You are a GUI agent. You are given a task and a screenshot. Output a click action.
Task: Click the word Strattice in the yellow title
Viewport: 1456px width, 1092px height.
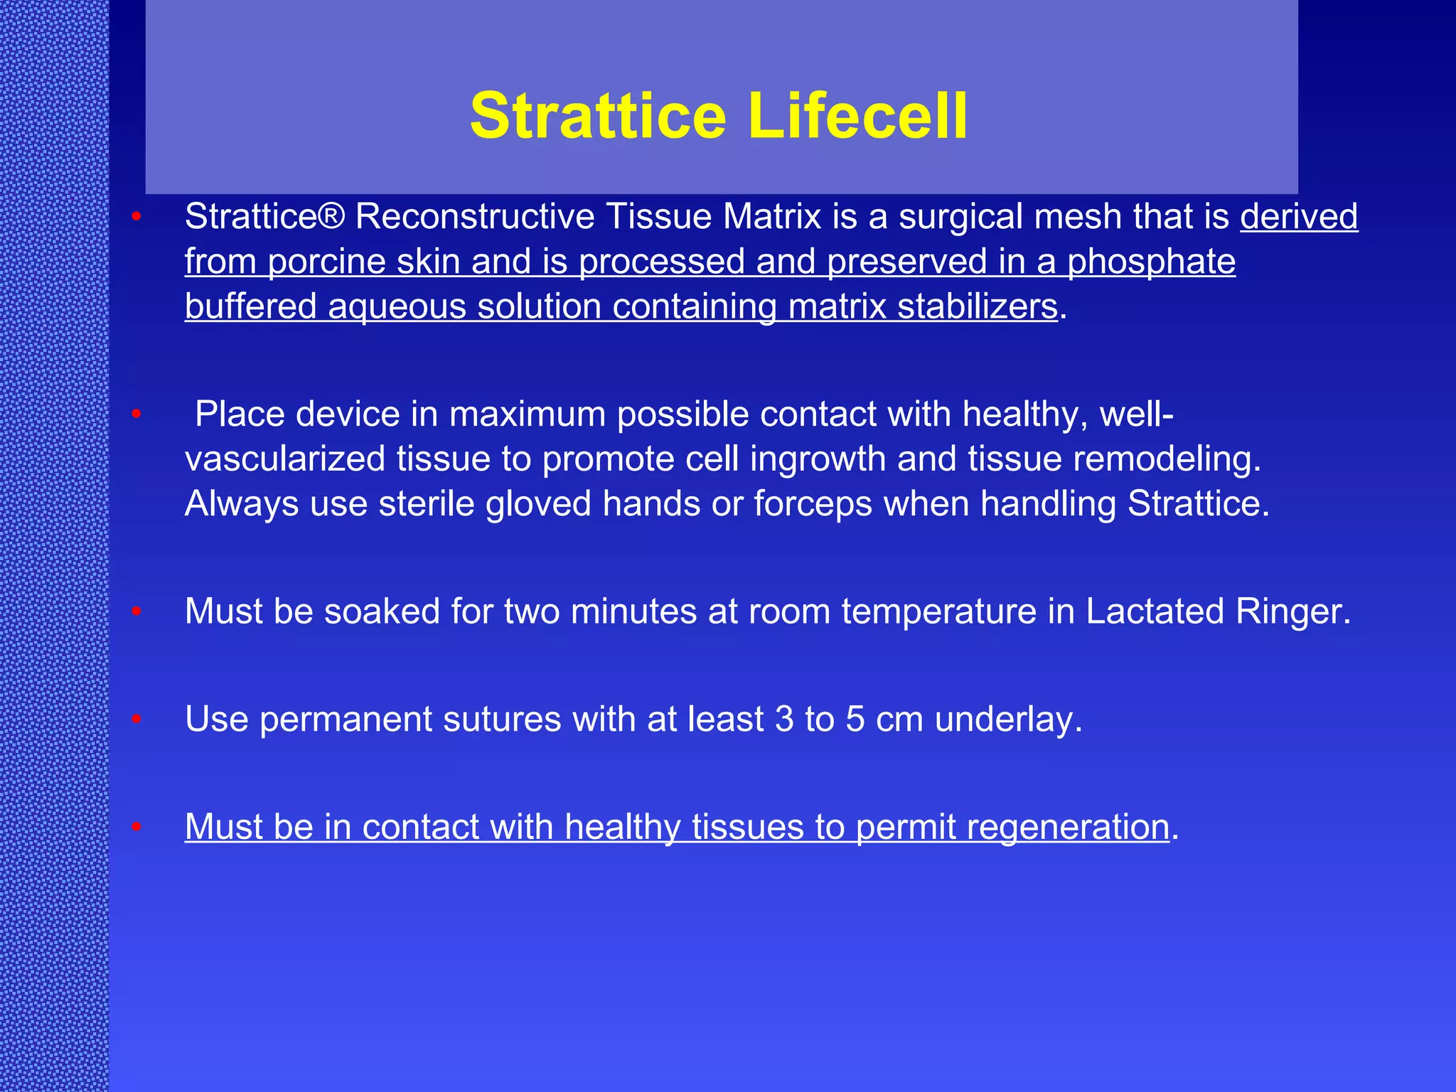[x=598, y=115]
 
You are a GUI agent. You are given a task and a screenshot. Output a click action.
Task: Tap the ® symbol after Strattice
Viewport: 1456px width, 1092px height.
[x=332, y=216]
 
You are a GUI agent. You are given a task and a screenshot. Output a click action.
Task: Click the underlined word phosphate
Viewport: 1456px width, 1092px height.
[x=1151, y=262]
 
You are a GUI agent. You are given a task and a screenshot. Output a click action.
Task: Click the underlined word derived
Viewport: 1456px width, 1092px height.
[x=1299, y=216]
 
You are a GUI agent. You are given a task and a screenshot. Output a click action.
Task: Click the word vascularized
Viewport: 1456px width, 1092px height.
[x=284, y=459]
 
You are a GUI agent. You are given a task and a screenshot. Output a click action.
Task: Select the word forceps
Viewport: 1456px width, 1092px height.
[x=813, y=503]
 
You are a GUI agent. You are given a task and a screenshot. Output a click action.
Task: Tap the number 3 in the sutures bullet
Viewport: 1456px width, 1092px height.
[x=784, y=719]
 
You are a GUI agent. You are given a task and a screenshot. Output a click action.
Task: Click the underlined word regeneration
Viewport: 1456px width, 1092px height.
[x=1012, y=827]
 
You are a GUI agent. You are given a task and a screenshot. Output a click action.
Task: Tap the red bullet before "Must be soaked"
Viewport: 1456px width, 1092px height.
[x=136, y=611]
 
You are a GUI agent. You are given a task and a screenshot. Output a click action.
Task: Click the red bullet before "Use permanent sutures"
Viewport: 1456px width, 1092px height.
[x=136, y=719]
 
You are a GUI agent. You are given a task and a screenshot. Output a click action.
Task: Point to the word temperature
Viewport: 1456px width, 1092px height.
[x=938, y=611]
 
